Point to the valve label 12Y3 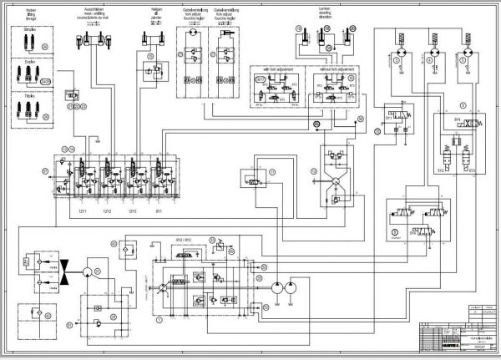(x=132, y=210)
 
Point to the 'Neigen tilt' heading (x=156, y=12)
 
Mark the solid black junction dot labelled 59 (x=316, y=124)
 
